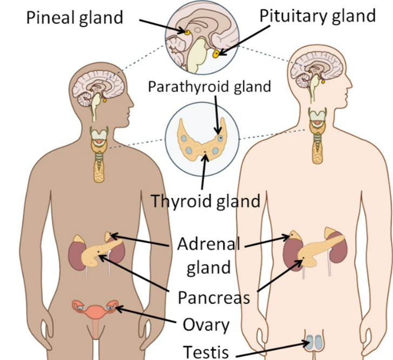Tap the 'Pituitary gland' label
(x=317, y=16)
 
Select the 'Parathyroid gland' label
(x=209, y=86)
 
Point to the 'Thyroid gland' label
(x=205, y=201)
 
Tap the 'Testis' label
(x=206, y=351)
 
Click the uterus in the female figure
(x=96, y=312)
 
